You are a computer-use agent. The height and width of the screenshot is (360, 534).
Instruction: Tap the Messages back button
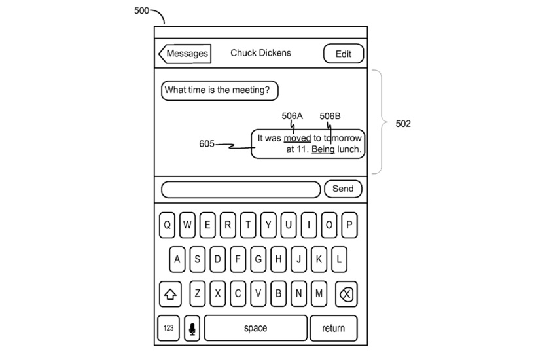tap(185, 54)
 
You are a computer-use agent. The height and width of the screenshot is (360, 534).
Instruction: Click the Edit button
tap(343, 54)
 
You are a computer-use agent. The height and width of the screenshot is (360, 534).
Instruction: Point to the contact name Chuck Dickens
tap(260, 53)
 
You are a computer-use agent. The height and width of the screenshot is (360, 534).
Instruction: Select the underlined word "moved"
tap(297, 138)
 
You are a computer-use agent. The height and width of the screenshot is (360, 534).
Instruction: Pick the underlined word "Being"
tap(323, 149)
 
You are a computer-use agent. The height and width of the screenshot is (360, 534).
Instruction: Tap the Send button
tap(342, 189)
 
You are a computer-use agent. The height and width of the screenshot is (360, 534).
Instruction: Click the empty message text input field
tap(241, 189)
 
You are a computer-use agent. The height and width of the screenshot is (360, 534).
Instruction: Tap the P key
tap(349, 226)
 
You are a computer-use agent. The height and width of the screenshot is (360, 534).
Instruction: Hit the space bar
tap(255, 328)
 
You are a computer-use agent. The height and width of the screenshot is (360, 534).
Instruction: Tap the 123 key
tap(169, 328)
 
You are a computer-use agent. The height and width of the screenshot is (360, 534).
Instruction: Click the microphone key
tap(192, 328)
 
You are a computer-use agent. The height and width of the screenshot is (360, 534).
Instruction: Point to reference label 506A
tap(293, 117)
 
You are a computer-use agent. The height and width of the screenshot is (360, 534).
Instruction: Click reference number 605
tap(207, 144)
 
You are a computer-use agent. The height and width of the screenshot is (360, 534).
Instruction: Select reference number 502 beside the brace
tap(403, 124)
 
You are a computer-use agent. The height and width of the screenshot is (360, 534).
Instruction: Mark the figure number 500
tap(141, 10)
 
